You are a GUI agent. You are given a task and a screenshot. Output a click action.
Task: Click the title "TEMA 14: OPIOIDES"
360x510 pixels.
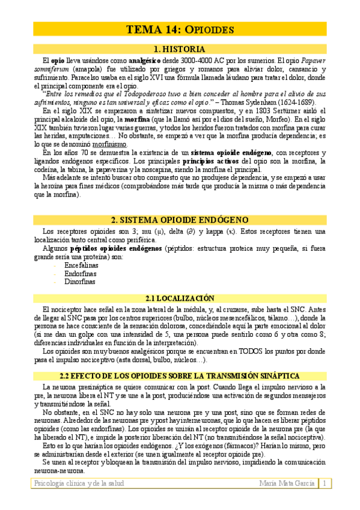click(x=180, y=29)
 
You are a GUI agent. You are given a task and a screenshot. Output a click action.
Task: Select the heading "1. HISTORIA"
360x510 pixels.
click(x=180, y=49)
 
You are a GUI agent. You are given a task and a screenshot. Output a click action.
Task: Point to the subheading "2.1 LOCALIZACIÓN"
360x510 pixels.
click(x=180, y=298)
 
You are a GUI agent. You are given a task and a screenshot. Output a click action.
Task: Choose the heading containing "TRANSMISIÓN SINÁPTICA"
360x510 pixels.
click(x=180, y=375)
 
